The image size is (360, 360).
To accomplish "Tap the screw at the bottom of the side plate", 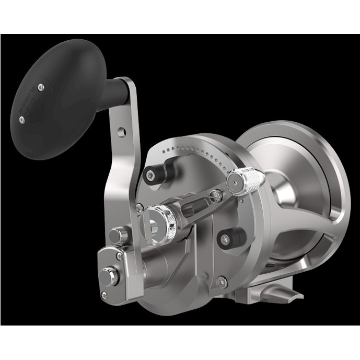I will pos(224,279).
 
